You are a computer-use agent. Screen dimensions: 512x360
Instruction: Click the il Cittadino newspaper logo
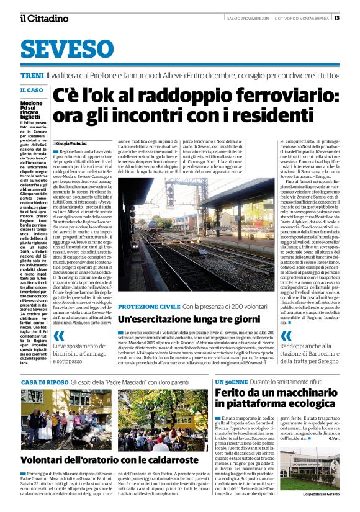[x=43, y=18]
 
